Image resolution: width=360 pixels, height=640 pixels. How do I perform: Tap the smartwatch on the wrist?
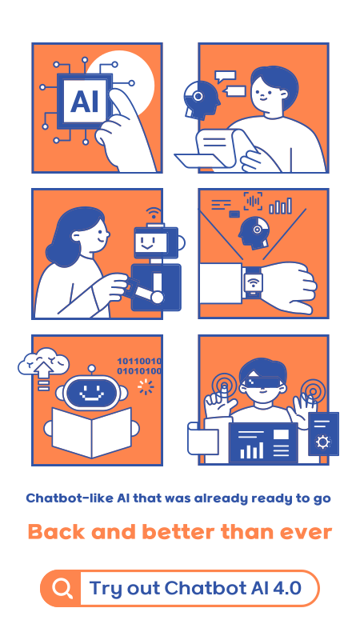pos(253,282)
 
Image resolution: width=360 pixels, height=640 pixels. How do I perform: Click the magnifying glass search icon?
pos(62,589)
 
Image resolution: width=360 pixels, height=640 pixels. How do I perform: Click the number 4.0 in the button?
pos(286,589)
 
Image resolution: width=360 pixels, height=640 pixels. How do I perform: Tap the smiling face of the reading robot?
pos(90,393)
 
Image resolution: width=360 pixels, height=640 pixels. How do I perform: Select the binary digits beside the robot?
pos(139,366)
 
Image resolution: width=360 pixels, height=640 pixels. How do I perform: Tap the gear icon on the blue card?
pos(322,442)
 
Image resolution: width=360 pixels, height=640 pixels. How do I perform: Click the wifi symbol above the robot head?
pos(152,214)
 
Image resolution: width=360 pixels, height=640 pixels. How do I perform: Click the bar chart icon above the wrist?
pos(280,206)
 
